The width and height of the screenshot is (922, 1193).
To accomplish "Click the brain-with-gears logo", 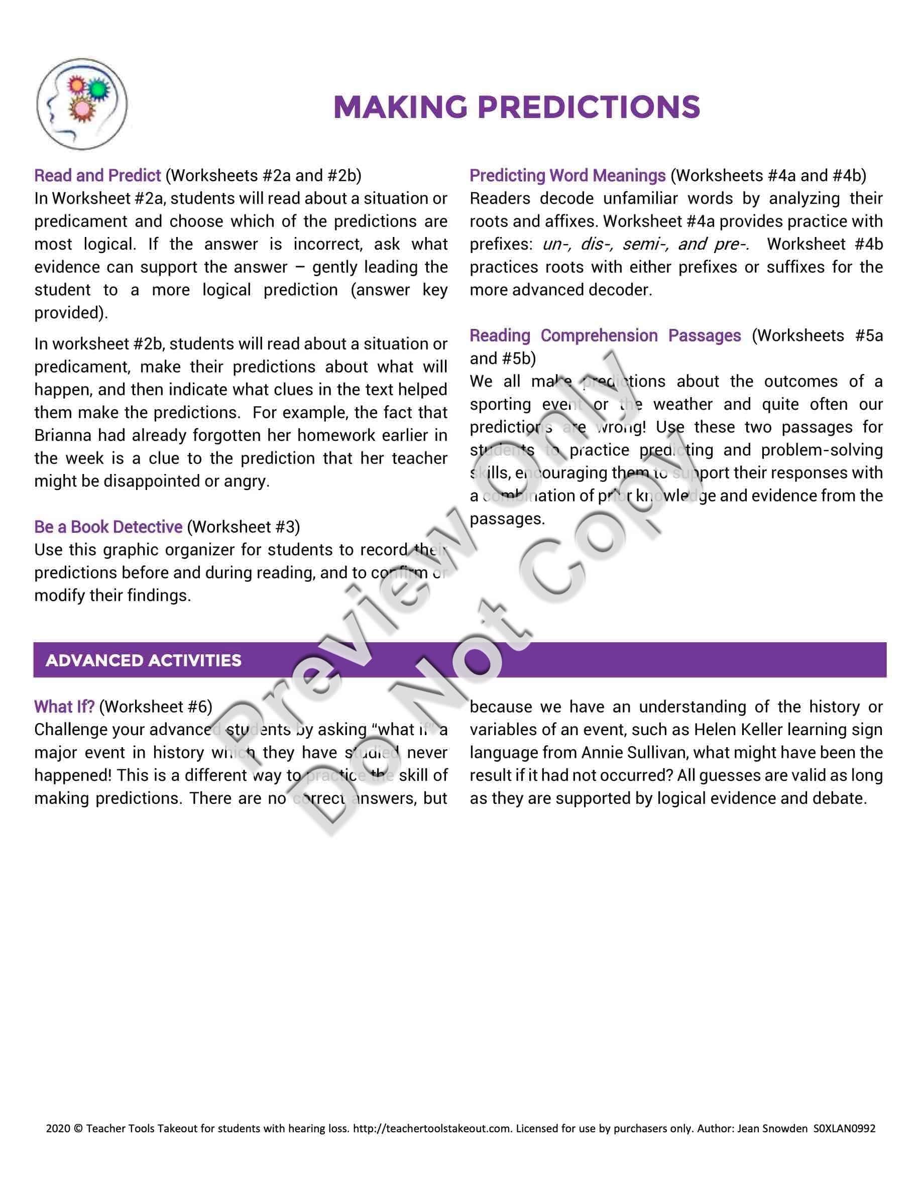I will tap(82, 104).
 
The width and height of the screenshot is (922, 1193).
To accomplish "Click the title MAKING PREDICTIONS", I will tap(516, 106).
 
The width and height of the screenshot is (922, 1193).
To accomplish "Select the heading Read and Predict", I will tap(97, 175).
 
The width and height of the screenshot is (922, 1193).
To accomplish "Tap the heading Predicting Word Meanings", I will tap(567, 175).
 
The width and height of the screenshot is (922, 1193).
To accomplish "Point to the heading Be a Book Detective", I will tap(107, 527).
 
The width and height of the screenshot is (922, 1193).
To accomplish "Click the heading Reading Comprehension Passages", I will tap(605, 335).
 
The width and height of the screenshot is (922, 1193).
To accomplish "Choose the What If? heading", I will tap(64, 706).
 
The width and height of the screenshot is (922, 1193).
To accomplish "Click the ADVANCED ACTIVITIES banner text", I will tap(143, 660).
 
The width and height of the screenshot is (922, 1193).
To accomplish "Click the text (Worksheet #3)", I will tap(243, 527).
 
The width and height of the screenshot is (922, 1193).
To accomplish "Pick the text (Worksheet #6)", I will tap(155, 706).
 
